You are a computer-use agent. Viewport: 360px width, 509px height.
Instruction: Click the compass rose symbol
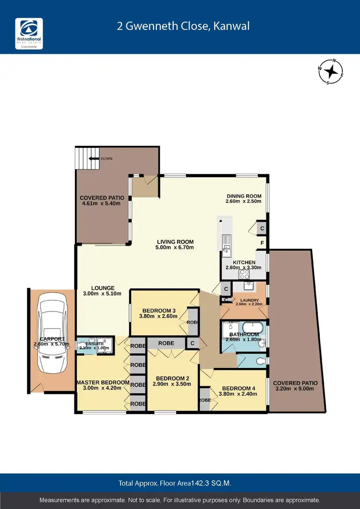[331, 71]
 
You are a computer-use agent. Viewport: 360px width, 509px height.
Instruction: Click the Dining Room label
[243, 196]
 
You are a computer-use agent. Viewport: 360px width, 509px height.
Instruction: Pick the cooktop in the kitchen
[244, 274]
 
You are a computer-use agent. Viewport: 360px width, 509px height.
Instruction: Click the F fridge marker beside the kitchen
[262, 243]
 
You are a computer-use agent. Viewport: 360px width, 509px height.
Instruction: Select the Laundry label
[247, 300]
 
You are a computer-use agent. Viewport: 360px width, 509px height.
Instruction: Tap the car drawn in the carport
[51, 338]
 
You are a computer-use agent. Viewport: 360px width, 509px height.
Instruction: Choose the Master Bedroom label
[103, 382]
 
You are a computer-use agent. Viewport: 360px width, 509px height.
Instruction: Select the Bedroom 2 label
[170, 378]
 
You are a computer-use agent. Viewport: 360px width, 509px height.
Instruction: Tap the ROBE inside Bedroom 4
[204, 400]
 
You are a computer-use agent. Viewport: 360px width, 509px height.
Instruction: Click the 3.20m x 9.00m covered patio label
[295, 389]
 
